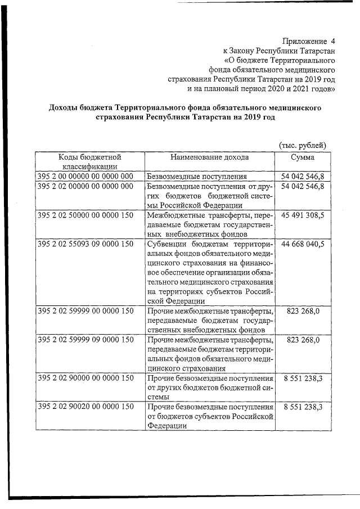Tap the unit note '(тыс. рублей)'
303,146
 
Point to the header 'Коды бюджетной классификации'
90,161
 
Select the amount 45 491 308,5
303,215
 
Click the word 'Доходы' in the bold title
64,107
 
